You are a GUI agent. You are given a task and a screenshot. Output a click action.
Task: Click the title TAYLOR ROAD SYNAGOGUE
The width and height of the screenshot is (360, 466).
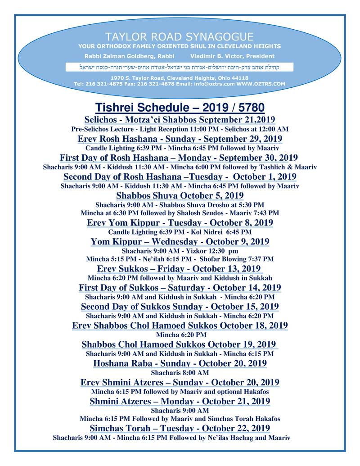pyautogui.click(x=179, y=36)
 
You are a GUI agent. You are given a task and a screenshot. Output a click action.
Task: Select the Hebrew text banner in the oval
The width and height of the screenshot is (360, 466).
pyautogui.click(x=180, y=67)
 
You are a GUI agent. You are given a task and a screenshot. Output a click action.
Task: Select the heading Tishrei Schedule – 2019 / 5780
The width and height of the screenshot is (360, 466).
pyautogui.click(x=180, y=108)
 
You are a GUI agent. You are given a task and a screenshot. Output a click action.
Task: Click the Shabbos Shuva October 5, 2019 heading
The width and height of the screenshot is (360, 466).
pyautogui.click(x=180, y=196)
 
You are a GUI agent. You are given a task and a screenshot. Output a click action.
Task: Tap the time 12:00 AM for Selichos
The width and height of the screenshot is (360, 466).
pyautogui.click(x=274, y=129)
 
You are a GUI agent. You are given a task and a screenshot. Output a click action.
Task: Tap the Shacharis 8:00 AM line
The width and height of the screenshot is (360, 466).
pyautogui.click(x=180, y=372)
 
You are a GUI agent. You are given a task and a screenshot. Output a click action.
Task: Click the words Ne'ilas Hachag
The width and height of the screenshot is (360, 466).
pyautogui.click(x=234, y=437)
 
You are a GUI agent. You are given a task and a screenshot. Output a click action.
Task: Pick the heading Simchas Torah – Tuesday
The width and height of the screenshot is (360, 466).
pyautogui.click(x=180, y=428)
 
